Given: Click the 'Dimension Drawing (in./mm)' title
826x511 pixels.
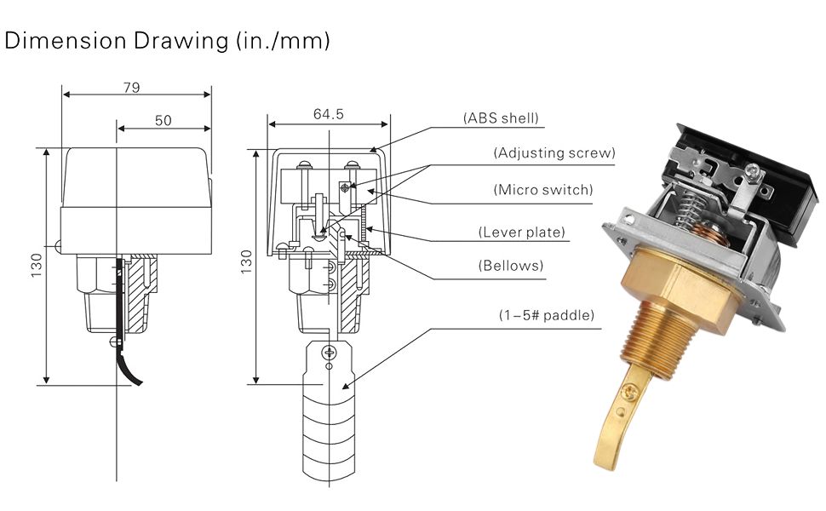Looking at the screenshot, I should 167,40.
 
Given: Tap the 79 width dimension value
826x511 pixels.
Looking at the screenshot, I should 131,87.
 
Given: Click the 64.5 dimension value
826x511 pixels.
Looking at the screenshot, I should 328,114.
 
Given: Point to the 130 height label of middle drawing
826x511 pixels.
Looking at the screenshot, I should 246,266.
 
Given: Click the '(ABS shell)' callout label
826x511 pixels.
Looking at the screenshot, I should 501,118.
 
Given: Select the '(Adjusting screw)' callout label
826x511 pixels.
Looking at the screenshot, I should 554,153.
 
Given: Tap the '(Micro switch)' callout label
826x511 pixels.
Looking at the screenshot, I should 542,190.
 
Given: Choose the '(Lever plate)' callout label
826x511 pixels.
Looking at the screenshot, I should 522,232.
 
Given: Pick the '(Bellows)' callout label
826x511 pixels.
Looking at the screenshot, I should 510,266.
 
